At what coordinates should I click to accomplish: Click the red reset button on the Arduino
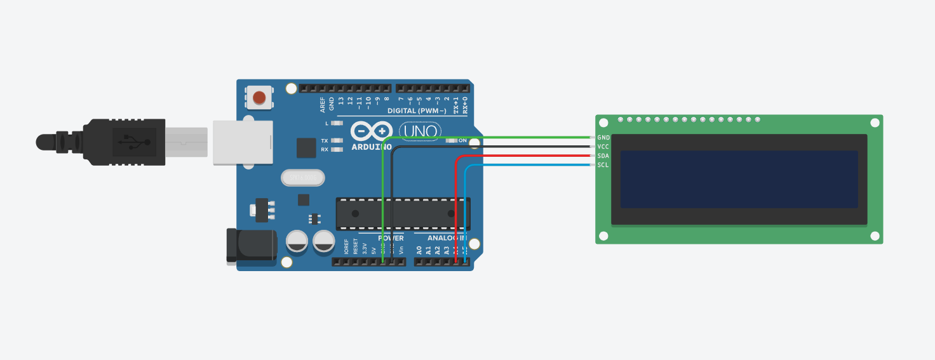[x=259, y=98]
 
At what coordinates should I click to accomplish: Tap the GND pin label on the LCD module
[x=603, y=138]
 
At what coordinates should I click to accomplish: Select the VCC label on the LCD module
[x=603, y=147]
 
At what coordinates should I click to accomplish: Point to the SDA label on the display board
[x=603, y=156]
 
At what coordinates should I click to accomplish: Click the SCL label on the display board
[x=603, y=165]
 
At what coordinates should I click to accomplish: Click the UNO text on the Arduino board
[x=419, y=131]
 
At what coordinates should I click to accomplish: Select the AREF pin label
[x=323, y=103]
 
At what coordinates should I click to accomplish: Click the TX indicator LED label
[x=325, y=141]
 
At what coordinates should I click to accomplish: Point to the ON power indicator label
[x=462, y=140]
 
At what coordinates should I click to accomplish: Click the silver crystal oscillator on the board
[x=302, y=178]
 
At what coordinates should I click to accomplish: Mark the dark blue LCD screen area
[x=739, y=179]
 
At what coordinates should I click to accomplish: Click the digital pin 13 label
[x=341, y=101]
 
